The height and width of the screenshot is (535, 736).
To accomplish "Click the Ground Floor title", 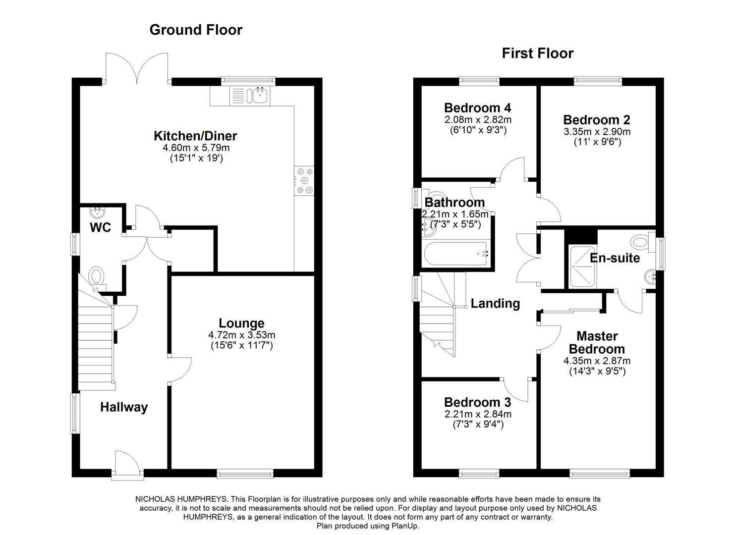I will click(196, 30).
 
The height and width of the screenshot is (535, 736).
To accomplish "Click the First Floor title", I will click(537, 53).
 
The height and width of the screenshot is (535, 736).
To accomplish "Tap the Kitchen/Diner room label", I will click(195, 136).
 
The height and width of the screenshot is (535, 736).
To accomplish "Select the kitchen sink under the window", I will click(259, 95).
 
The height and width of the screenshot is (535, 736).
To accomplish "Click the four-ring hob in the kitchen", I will click(304, 181).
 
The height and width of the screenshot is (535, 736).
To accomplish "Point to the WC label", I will click(100, 228).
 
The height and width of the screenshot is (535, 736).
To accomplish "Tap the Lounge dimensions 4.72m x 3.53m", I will click(241, 335).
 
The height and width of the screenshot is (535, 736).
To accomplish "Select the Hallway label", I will click(124, 407).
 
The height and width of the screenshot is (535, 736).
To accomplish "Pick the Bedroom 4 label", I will click(477, 108).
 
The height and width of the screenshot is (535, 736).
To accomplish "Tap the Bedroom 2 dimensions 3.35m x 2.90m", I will click(597, 132).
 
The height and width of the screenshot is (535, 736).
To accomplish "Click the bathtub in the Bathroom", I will click(456, 254).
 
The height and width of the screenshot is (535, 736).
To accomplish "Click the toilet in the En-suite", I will click(641, 242).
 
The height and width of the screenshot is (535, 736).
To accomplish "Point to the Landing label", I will click(495, 303).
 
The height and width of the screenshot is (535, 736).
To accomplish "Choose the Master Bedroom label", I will click(597, 342).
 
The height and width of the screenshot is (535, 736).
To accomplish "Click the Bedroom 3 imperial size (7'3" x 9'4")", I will click(478, 424).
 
